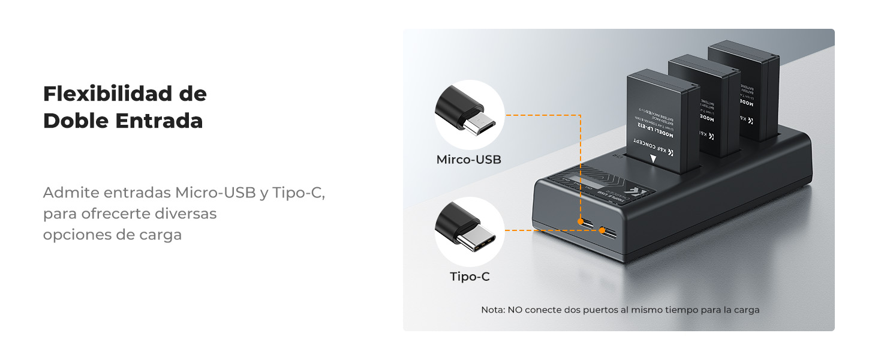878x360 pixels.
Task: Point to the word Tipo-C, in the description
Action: click(x=298, y=193)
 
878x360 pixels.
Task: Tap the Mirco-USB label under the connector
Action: click(x=468, y=160)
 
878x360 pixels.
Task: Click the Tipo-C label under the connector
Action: click(x=470, y=277)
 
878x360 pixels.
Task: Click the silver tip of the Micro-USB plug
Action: click(x=482, y=124)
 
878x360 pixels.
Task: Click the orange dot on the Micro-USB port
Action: click(x=581, y=222)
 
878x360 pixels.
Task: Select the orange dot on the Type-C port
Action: click(x=603, y=230)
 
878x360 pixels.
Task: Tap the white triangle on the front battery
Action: click(x=653, y=159)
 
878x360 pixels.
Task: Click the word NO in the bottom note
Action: click(x=515, y=310)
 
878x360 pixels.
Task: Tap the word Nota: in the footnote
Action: click(x=493, y=310)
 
